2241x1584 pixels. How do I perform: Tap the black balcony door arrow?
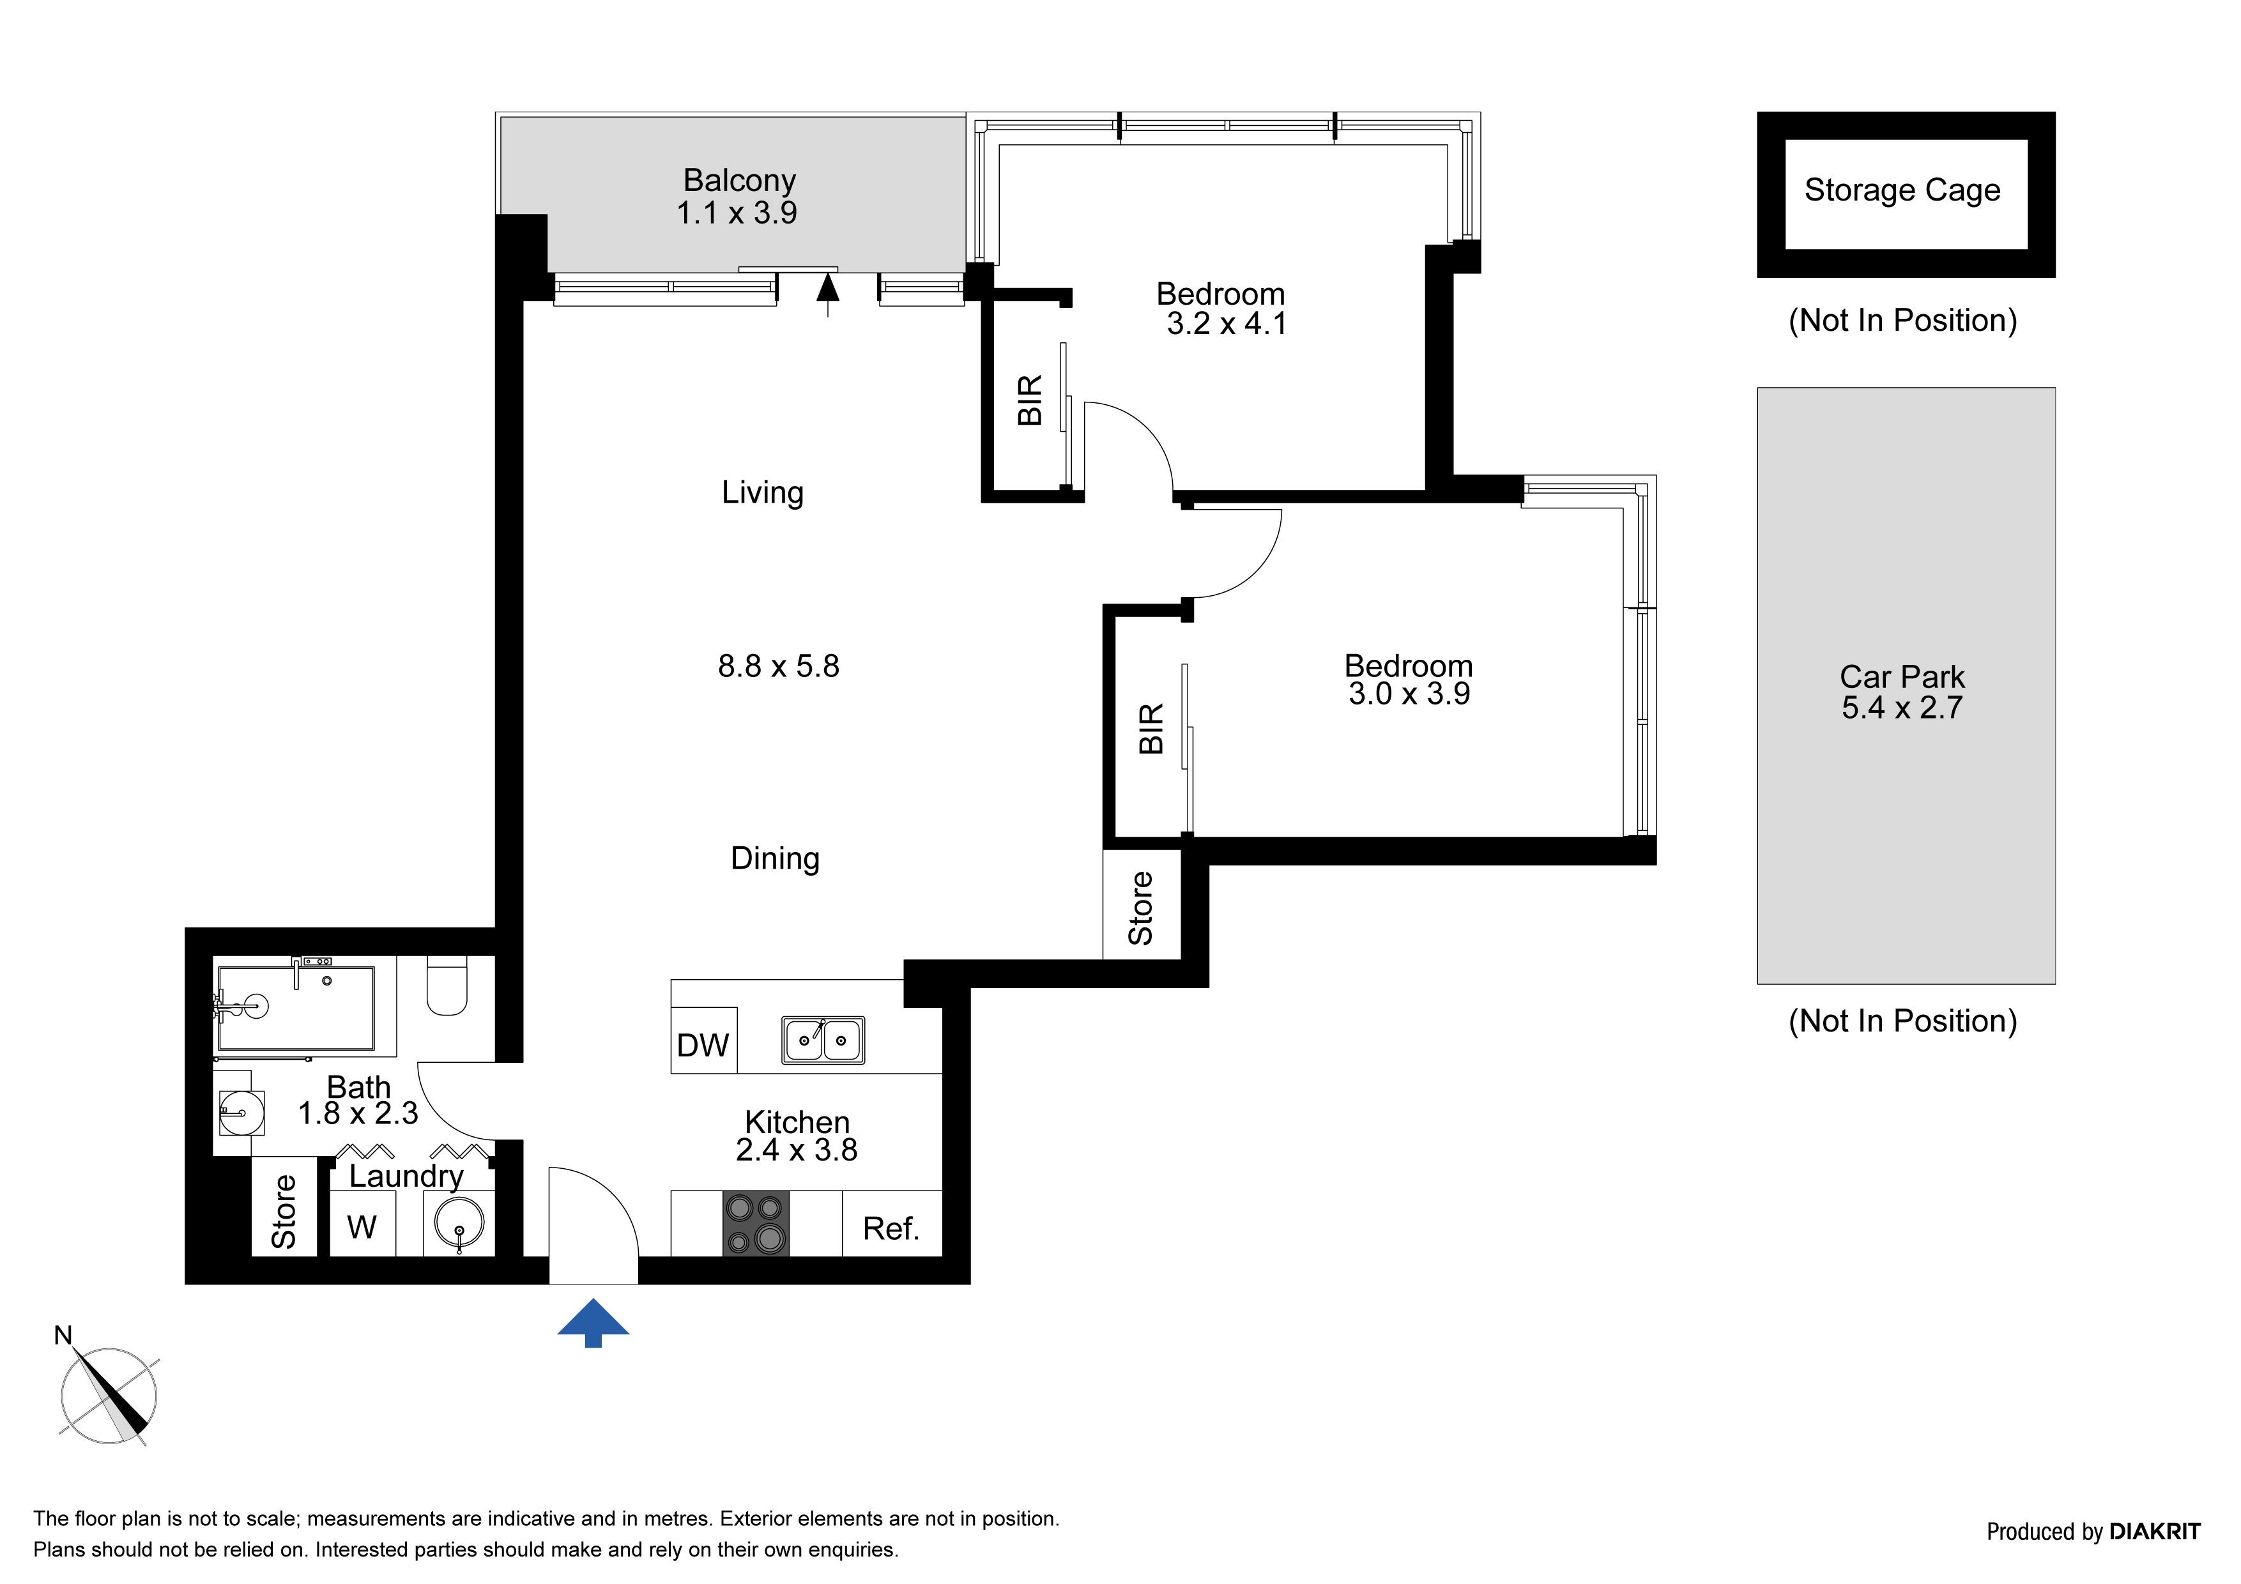828,294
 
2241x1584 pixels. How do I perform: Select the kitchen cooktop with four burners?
756,1223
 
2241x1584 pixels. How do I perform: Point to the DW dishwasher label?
703,1046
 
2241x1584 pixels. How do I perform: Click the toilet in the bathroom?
447,986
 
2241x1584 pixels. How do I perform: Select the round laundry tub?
459,1224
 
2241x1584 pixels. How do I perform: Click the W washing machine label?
361,1227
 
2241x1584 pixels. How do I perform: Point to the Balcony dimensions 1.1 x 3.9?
737,212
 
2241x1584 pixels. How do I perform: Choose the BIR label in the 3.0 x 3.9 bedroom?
1152,728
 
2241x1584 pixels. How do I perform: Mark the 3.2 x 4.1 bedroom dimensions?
1227,323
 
